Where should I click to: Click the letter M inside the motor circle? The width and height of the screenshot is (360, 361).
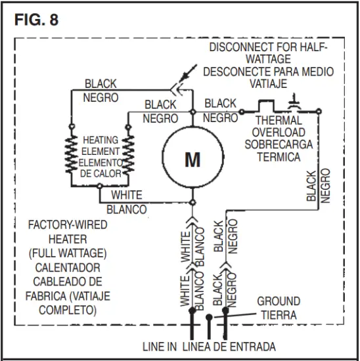pos(192,159)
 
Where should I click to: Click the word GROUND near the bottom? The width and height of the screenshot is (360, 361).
pos(279,302)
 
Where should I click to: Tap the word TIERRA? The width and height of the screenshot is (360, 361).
pos(279,314)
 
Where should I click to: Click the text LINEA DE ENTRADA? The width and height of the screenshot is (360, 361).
pos(229,346)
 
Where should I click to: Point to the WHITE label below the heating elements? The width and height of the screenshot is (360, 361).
pos(126,196)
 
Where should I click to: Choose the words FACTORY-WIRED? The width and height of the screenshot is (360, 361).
pos(67,224)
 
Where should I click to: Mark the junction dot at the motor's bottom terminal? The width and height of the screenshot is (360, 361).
pos(192,202)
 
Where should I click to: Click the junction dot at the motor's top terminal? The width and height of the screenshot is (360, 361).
pos(192,112)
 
